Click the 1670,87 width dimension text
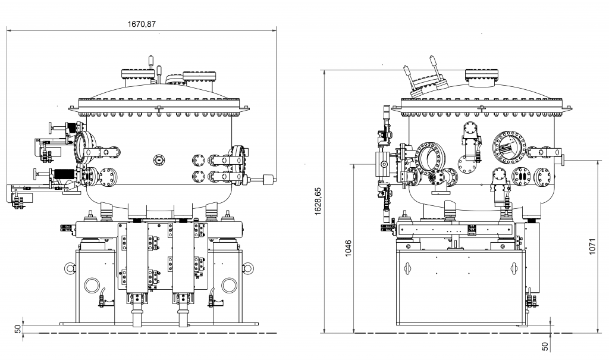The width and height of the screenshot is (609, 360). [143, 24]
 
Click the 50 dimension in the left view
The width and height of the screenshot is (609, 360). [18, 328]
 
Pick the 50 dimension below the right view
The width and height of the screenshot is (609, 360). [544, 345]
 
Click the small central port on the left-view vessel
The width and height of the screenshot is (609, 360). [158, 159]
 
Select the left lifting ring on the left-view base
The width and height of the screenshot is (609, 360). [69, 268]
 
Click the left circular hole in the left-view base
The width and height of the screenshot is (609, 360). [92, 285]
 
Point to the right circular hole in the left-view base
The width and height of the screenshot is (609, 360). [229, 285]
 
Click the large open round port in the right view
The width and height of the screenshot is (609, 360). [429, 156]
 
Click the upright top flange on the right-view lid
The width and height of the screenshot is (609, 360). [480, 75]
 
